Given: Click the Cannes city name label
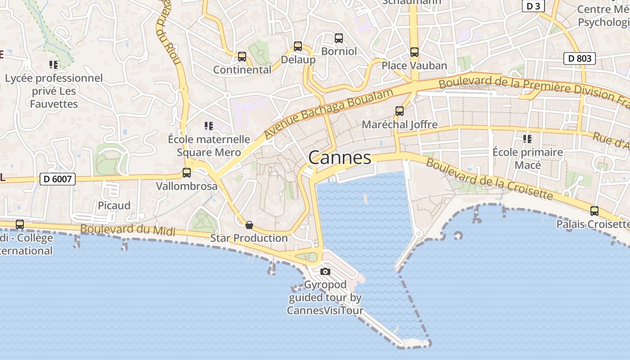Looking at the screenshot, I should point(340,157).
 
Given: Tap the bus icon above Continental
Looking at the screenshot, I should point(242,57).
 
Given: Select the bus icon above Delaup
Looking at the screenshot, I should point(297,46).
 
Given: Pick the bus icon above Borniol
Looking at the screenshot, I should point(339,38).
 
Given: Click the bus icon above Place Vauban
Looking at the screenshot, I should point(414,52).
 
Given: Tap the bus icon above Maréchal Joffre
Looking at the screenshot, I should point(399,111).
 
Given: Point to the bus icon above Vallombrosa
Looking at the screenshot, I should point(186,173).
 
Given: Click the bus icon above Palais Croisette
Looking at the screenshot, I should point(594,211).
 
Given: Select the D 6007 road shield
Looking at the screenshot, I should point(58,179).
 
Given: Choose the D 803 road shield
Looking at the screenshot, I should point(580,58).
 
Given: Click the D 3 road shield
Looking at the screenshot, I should point(533,6).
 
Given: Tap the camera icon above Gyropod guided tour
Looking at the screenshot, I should point(325,271).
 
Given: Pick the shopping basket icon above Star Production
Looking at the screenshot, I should point(249,225).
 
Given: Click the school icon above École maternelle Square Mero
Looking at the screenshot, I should point(208,126).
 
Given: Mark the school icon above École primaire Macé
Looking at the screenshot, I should point(527,139).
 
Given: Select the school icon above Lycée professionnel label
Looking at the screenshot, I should point(54,65).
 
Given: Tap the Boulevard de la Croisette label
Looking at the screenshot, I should point(489,179).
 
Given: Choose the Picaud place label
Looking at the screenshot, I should point(114,206).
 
